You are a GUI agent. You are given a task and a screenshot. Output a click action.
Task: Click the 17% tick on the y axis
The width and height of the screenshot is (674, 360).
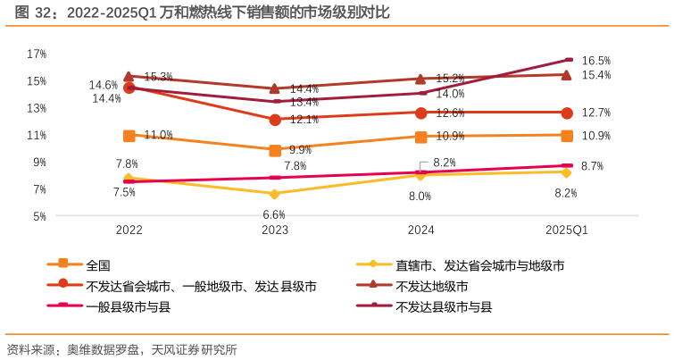tap(37, 54)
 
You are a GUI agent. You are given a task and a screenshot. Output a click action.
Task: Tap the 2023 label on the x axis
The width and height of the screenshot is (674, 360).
tap(275, 230)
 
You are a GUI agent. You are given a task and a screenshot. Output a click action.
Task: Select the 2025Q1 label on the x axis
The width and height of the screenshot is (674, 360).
tap(567, 230)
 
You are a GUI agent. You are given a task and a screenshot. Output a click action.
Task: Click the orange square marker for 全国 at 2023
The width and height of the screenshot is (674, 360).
tap(275, 150)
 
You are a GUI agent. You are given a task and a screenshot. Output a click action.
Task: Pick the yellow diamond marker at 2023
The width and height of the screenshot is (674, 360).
tap(275, 194)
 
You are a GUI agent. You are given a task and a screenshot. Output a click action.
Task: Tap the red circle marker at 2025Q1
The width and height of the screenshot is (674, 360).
tap(567, 113)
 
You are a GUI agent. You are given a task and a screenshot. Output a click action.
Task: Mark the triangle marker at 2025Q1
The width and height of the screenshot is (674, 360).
tap(567, 75)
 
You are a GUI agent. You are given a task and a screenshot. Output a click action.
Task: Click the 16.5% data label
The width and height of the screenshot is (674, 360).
tap(595, 61)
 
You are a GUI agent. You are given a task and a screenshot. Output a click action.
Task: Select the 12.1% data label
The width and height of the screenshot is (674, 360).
tap(304, 119)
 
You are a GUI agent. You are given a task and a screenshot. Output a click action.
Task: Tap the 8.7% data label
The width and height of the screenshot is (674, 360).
tap(592, 166)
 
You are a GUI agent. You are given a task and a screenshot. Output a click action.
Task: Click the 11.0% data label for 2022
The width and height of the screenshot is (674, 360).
tap(158, 135)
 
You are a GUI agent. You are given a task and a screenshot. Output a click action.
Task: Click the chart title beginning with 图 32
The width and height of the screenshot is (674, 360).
tap(196, 13)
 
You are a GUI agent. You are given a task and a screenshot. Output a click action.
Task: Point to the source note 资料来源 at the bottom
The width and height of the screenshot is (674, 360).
tap(121, 349)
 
